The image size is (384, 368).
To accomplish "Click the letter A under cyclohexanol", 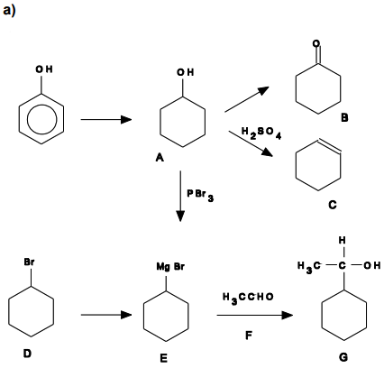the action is pyautogui.click(x=160, y=157).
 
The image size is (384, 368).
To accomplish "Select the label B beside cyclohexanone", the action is pyautogui.click(x=344, y=117).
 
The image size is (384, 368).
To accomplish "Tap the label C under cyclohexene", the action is pyautogui.click(x=333, y=205).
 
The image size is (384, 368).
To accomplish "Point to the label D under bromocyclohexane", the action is pyautogui.click(x=27, y=354).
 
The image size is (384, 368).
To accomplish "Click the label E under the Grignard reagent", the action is pyautogui.click(x=163, y=358).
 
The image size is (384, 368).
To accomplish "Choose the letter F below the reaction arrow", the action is pyautogui.click(x=249, y=335).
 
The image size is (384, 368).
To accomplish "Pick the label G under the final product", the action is pyautogui.click(x=343, y=357).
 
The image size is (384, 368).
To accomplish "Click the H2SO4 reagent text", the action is pyautogui.click(x=261, y=133).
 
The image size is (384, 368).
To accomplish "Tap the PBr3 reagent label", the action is pyautogui.click(x=200, y=195).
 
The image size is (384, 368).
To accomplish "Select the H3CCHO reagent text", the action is pyautogui.click(x=248, y=298).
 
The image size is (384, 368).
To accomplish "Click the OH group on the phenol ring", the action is pyautogui.click(x=44, y=69).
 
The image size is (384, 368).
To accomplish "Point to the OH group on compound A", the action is pyautogui.click(x=185, y=72).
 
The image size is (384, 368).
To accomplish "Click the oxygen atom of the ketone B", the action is pyautogui.click(x=316, y=43).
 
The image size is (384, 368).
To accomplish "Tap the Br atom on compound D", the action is pyautogui.click(x=29, y=262).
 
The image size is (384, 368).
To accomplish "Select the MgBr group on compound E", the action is pyautogui.click(x=170, y=267).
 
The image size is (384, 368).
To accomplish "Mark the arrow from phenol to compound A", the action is pyautogui.click(x=106, y=120).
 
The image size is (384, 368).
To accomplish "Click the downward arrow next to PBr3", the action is pyautogui.click(x=180, y=197).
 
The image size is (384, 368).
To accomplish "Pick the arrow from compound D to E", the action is pyautogui.click(x=106, y=315).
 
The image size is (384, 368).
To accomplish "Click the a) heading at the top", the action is pyautogui.click(x=9, y=11).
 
